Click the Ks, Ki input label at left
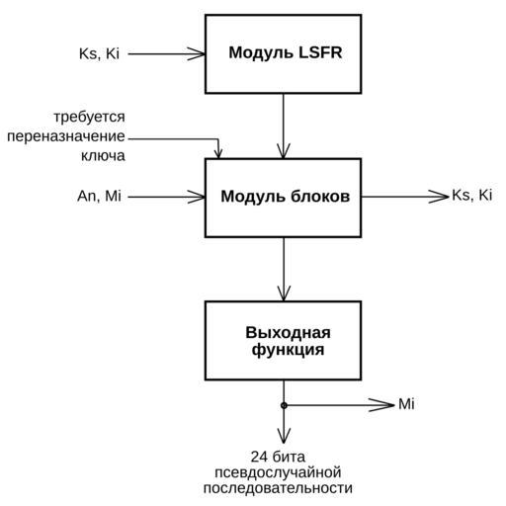pyautogui.click(x=99, y=54)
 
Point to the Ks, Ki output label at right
pyautogui.click(x=472, y=196)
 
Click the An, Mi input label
pyautogui.click(x=99, y=196)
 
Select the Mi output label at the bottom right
pyautogui.click(x=406, y=404)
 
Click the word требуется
pyautogui.click(x=90, y=117)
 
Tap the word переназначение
pyautogui.click(x=66, y=136)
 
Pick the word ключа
pyautogui.click(x=103, y=155)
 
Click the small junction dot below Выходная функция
pyautogui.click(x=284, y=405)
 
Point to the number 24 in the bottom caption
pyautogui.click(x=260, y=457)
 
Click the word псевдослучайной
pyautogui.click(x=278, y=472)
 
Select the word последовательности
pyautogui.click(x=278, y=488)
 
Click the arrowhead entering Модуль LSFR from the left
pyautogui.click(x=197, y=54)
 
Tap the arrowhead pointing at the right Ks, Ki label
pyautogui.click(x=439, y=197)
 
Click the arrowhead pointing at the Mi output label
pyautogui.click(x=381, y=405)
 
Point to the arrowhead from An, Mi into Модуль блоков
pyautogui.click(x=197, y=198)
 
